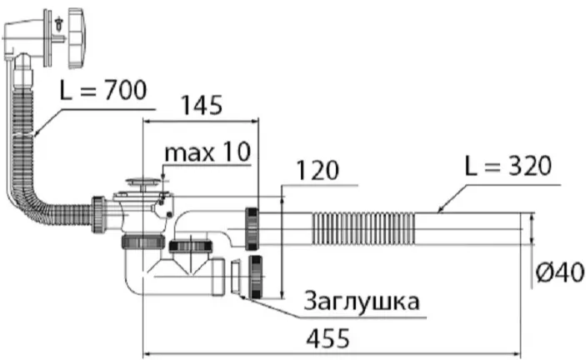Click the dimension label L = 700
103,91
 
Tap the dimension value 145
202,105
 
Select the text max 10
208,152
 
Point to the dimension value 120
318,171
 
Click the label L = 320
508,166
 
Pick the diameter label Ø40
559,272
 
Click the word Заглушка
362,301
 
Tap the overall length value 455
328,338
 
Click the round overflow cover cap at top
78,38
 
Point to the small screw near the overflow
58,23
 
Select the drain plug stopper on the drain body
143,182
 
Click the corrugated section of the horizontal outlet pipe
363,228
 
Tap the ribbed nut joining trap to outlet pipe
252,228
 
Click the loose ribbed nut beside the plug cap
256,277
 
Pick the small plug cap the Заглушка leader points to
235,277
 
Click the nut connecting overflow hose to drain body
99,215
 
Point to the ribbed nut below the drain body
143,242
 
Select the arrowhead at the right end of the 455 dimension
518,352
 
